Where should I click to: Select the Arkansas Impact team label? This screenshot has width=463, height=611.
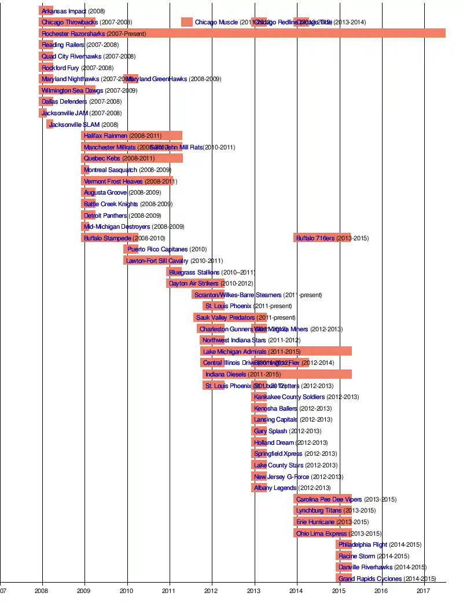[x=64, y=11]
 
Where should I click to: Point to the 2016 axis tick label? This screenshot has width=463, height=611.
[x=381, y=591]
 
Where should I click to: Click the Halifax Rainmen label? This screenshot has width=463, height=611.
[x=105, y=136]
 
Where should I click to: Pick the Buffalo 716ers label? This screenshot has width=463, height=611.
[x=315, y=238]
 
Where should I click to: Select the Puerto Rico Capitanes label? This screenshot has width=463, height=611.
[x=157, y=250]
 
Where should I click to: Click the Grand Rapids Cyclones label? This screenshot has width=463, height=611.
[x=370, y=579]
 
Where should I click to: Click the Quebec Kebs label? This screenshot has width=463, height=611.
[x=102, y=158]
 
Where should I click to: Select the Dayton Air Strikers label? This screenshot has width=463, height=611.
[x=194, y=283]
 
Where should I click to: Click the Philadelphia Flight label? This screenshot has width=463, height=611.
[x=363, y=544]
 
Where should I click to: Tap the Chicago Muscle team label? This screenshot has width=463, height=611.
[x=216, y=22]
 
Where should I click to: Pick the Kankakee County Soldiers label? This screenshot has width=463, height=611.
[x=289, y=397]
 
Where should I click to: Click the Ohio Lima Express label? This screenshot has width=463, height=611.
[x=321, y=533]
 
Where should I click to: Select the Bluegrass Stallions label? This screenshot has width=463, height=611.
[x=194, y=272]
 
